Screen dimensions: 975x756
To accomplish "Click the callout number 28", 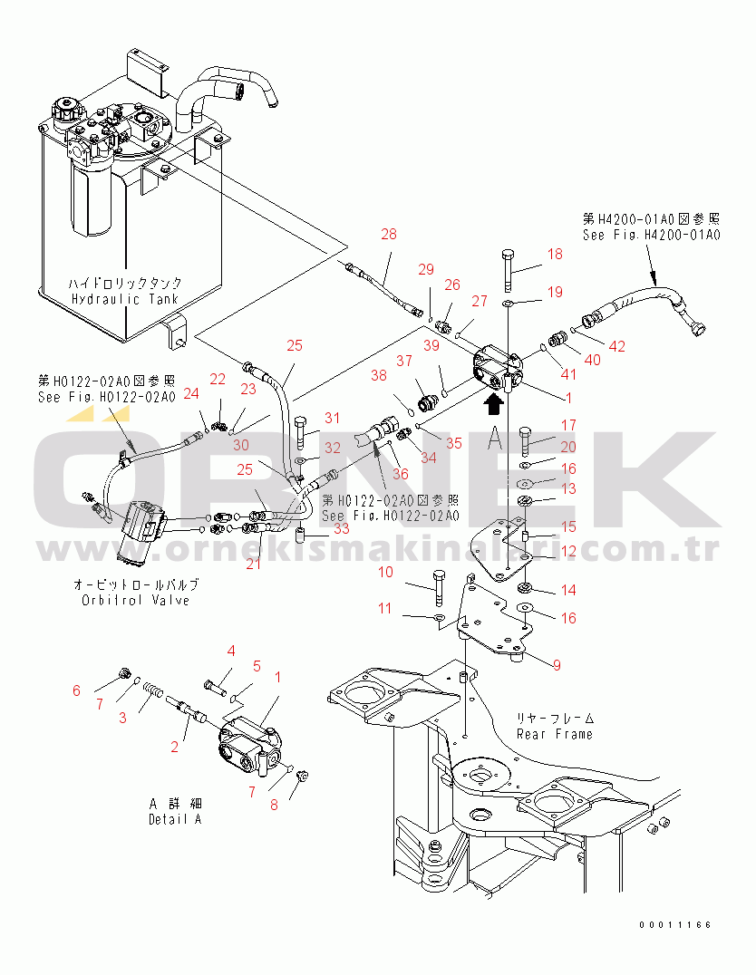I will (x=388, y=235).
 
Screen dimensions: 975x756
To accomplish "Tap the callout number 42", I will (x=616, y=344).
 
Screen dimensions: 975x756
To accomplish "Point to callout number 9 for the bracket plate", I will (x=556, y=665).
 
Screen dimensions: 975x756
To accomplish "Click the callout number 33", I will (x=340, y=527).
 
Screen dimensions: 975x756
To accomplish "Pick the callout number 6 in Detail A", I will (x=76, y=690).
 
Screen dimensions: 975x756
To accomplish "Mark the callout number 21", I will (x=253, y=564).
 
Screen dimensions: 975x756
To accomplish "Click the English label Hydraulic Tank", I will (x=123, y=299).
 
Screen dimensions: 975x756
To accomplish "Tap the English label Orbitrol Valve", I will (x=135, y=600).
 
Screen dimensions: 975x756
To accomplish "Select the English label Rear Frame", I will (x=554, y=733).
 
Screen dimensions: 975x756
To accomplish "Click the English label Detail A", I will (x=174, y=819).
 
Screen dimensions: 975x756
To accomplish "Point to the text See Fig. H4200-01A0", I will (x=651, y=235).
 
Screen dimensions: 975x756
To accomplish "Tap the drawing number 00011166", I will (x=674, y=925).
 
